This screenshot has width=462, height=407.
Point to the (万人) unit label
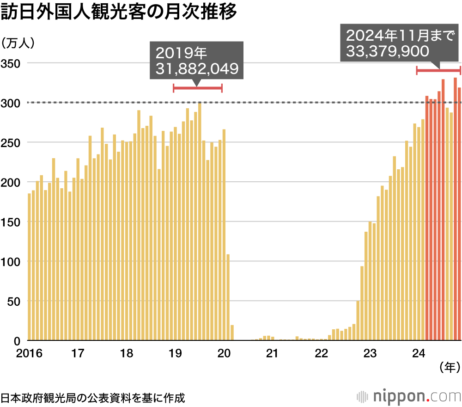18,43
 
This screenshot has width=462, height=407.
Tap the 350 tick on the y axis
10,63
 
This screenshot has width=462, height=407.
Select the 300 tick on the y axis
10,102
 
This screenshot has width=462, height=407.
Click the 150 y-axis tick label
10,222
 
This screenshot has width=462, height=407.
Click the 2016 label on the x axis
29,354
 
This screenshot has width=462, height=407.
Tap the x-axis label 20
224,354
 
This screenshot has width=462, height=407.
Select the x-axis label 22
321,354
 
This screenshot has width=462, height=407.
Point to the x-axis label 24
418,354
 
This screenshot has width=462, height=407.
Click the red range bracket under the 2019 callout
198,88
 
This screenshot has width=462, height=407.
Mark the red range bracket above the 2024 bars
438,70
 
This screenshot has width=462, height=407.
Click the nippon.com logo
409,397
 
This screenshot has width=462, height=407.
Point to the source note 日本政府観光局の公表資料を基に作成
92,397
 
